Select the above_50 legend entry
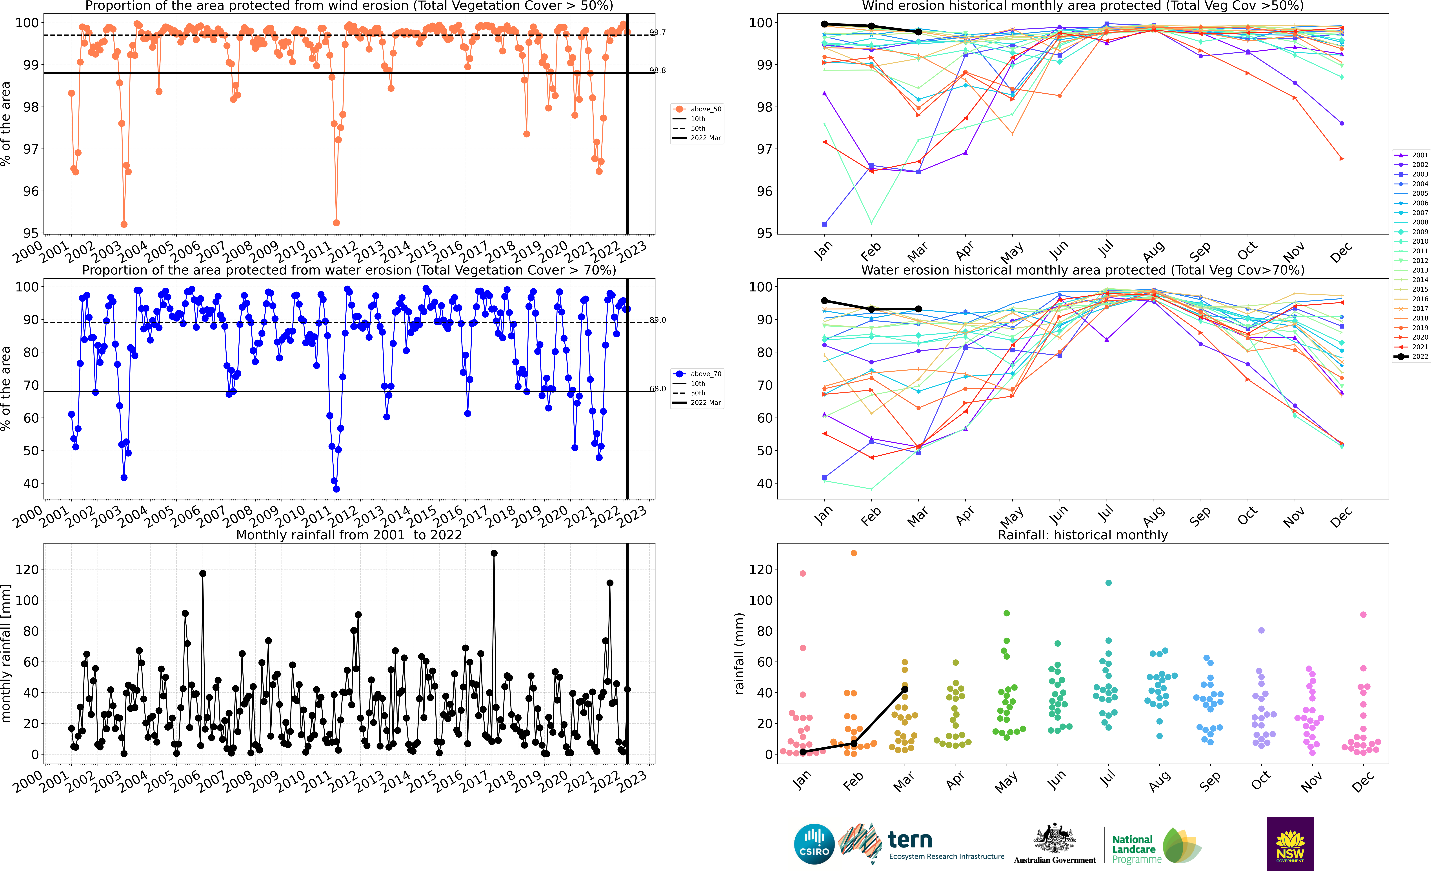pos(697,109)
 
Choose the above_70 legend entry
pos(697,374)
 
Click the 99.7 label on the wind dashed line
pos(657,33)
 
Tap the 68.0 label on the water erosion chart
pos(657,389)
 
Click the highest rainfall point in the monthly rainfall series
pos(494,553)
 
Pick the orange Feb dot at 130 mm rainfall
pos(854,553)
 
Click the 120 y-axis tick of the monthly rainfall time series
pos(27,570)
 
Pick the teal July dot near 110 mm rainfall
pos(1109,583)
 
